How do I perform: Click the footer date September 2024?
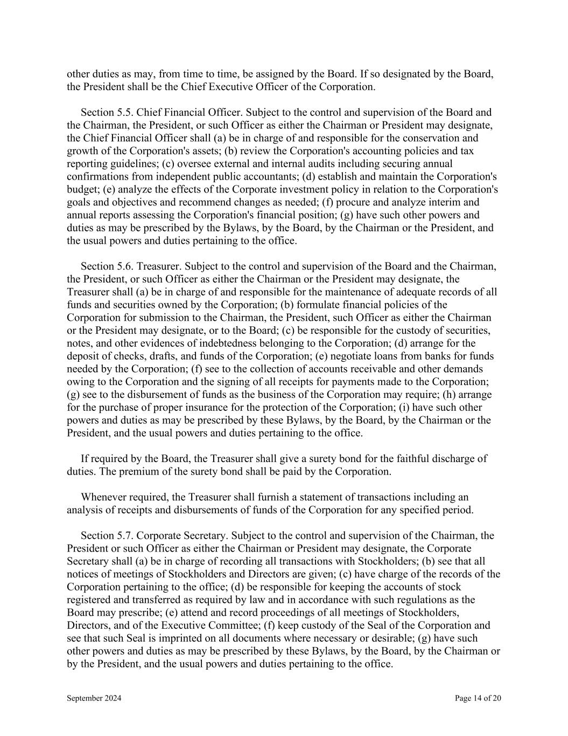click(94, 698)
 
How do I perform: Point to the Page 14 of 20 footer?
click(478, 698)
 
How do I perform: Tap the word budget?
click(81, 189)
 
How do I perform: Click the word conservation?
click(388, 138)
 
